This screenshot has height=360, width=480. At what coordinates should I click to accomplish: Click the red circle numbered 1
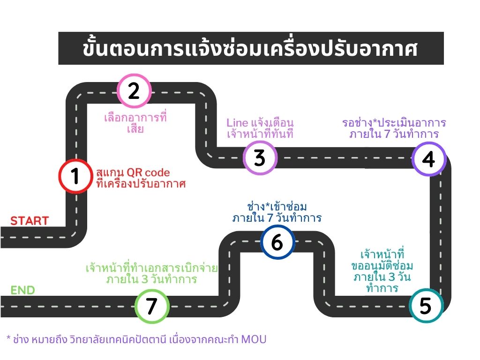(x=75, y=176)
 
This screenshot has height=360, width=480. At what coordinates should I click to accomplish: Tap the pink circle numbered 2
(x=135, y=90)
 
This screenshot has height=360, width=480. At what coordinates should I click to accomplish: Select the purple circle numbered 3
(x=260, y=158)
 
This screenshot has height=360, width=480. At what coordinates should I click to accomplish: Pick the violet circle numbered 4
(x=428, y=158)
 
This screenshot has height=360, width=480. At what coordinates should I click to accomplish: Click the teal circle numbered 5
(x=426, y=305)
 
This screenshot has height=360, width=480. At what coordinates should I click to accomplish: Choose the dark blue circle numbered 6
(x=277, y=242)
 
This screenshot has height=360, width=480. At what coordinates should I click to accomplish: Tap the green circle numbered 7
(x=152, y=306)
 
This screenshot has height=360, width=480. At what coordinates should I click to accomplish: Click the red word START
(x=30, y=221)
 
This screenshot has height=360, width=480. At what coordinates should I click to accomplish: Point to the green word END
(x=23, y=290)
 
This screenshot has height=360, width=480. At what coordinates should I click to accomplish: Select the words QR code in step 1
(x=148, y=172)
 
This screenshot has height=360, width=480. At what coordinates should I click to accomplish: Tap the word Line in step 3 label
(x=237, y=123)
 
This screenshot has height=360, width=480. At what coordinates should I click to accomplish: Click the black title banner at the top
(x=251, y=48)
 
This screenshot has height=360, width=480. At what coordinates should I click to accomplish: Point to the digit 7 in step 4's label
(x=387, y=134)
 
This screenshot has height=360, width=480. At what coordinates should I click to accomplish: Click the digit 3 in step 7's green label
(x=144, y=279)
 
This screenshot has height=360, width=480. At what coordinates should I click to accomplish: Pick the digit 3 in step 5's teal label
(x=392, y=277)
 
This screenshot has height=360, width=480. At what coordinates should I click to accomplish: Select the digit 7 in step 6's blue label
(x=270, y=218)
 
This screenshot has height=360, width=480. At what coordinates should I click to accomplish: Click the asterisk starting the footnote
(x=8, y=337)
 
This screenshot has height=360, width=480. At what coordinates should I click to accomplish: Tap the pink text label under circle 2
(x=135, y=123)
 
